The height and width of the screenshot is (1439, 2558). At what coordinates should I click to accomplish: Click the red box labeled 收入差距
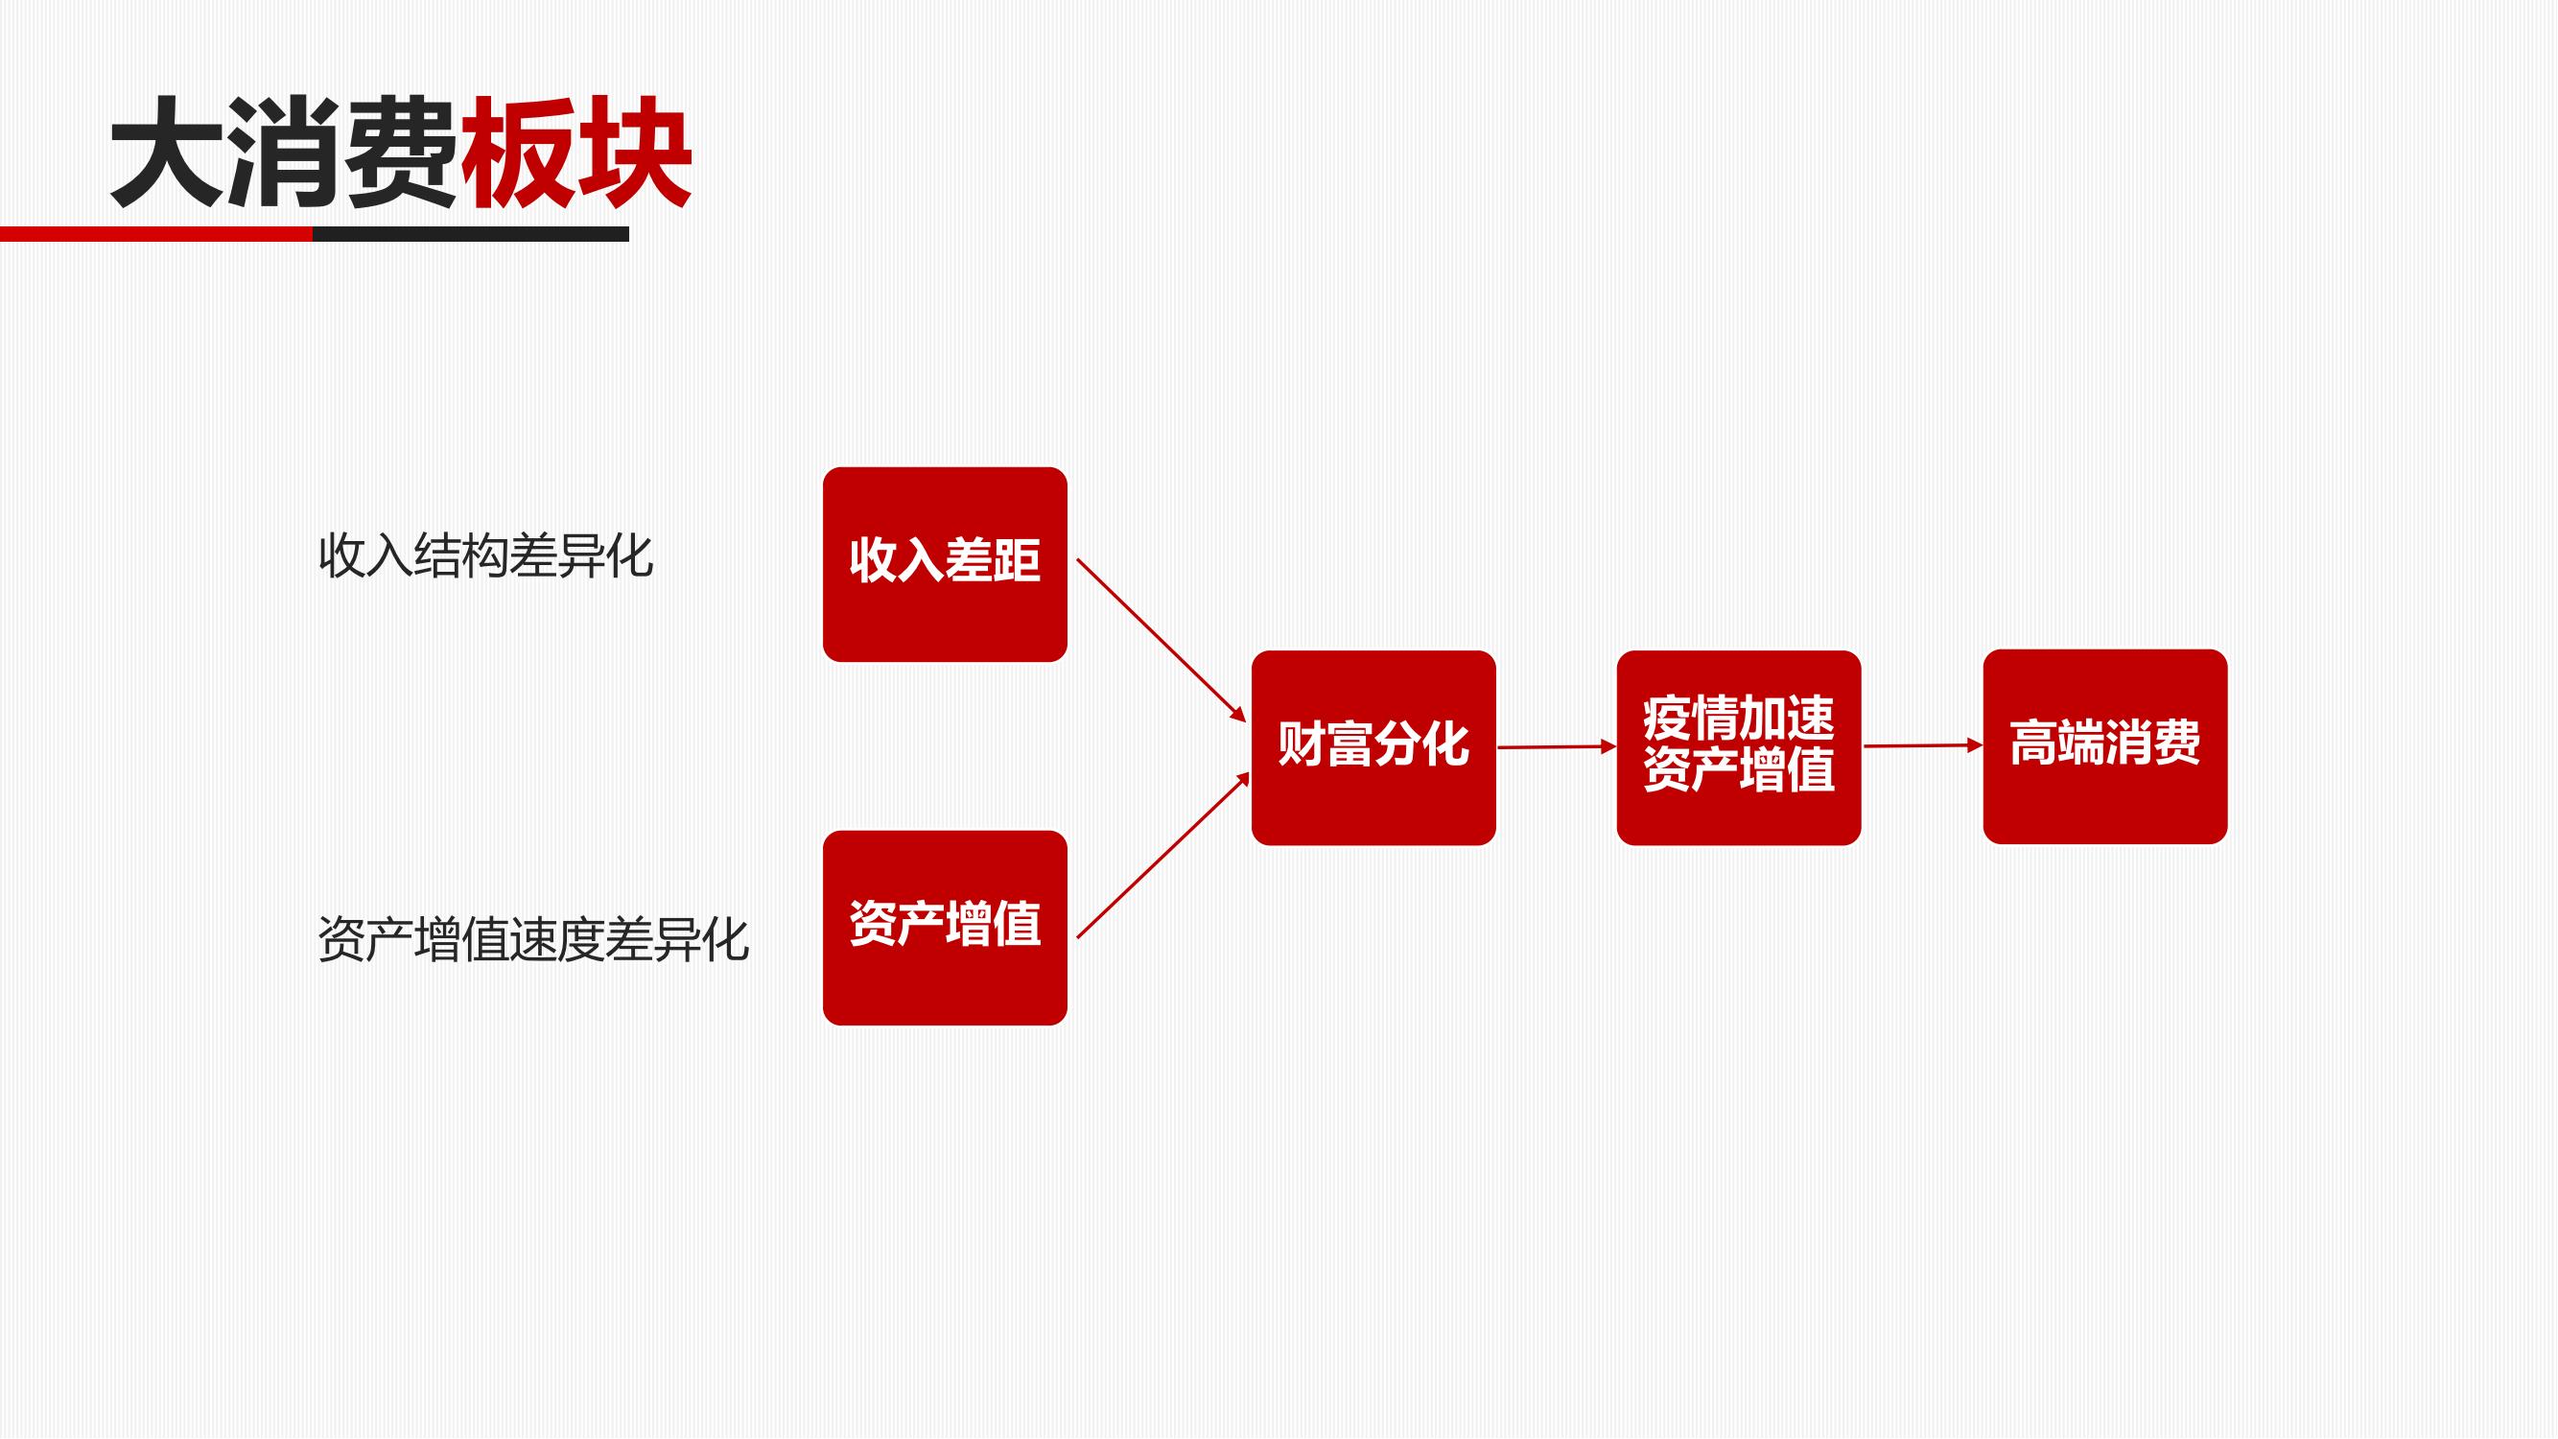[x=945, y=564]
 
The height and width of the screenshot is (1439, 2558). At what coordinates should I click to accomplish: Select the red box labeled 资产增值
[x=945, y=928]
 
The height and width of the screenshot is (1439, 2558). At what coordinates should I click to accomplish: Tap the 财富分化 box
[x=1373, y=748]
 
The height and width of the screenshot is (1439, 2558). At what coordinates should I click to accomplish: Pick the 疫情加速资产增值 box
[x=1739, y=748]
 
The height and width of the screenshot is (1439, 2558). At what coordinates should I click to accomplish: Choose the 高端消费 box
[x=2105, y=746]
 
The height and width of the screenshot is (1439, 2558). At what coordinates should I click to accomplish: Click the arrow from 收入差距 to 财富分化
[x=1161, y=641]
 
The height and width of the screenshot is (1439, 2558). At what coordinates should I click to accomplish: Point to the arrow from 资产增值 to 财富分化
[x=1162, y=855]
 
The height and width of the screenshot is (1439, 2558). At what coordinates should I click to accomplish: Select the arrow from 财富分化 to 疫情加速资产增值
[x=1557, y=746]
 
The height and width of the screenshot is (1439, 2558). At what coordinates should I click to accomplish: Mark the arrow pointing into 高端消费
[x=1923, y=745]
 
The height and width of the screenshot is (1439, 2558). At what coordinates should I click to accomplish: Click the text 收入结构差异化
[x=485, y=556]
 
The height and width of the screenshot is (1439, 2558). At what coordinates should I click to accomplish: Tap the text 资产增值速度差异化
[x=533, y=939]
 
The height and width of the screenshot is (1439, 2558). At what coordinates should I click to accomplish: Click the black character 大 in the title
[x=167, y=152]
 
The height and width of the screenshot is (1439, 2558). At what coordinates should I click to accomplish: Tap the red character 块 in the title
[x=634, y=152]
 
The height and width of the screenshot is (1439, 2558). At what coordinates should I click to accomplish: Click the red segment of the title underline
[x=156, y=234]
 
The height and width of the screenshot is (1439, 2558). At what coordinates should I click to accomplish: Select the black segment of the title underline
[x=471, y=234]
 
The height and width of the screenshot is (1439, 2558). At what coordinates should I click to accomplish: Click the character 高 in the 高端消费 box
[x=2033, y=743]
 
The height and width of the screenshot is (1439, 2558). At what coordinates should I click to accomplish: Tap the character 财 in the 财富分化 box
[x=1302, y=743]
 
